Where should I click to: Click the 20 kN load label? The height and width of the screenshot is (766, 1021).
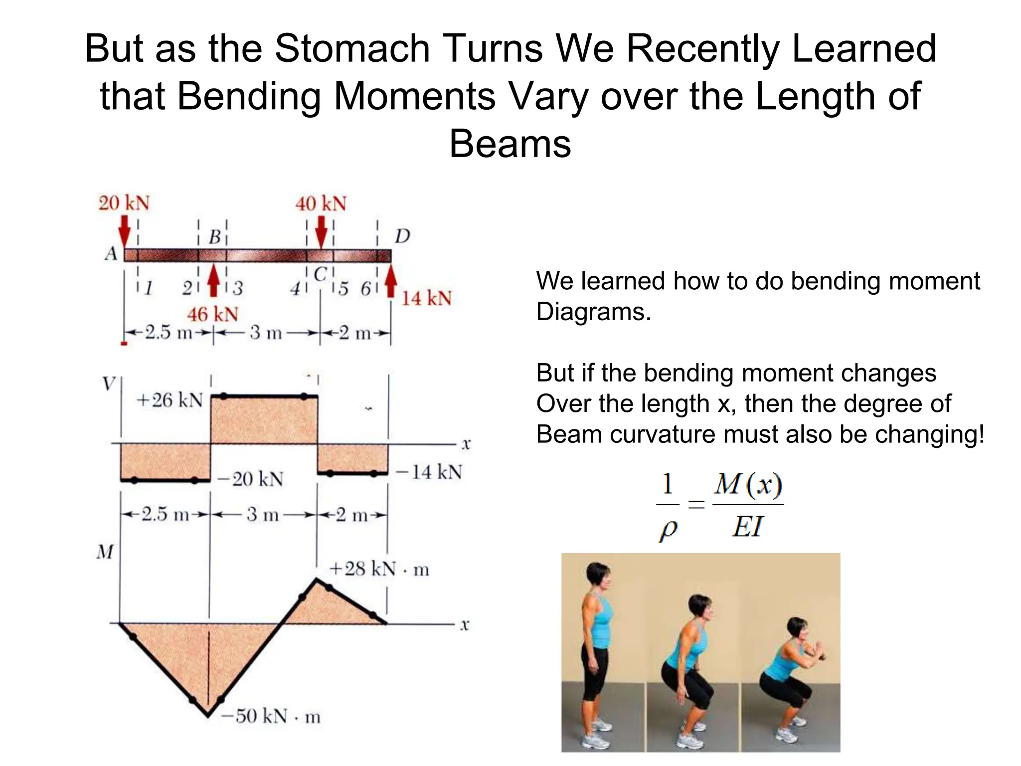pos(124,203)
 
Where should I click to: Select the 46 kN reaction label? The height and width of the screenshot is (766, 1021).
pos(213,314)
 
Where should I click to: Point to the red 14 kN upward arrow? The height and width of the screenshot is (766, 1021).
pos(391,282)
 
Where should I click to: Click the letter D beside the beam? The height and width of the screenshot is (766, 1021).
pos(402,236)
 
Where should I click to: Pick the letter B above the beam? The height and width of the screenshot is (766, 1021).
pos(214,237)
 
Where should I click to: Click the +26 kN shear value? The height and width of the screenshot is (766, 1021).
pos(170,400)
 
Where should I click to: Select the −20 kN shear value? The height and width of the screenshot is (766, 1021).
pos(251,479)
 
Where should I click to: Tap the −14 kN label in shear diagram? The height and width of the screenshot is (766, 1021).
pos(429,472)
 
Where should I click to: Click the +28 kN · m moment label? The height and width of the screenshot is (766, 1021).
pos(379,569)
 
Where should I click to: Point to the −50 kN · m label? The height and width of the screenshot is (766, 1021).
pos(271,716)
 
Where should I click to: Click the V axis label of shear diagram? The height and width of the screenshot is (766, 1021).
pos(108,384)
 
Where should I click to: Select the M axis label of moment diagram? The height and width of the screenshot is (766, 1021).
pos(105,552)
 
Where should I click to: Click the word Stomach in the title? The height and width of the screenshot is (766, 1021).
pos(352,48)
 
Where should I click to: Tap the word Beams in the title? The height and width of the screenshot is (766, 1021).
pos(510,144)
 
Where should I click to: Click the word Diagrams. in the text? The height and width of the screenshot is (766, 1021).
pos(593,312)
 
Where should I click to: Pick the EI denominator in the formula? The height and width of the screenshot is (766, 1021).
pos(747,527)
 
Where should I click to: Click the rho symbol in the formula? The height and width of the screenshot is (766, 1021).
pos(668,530)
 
